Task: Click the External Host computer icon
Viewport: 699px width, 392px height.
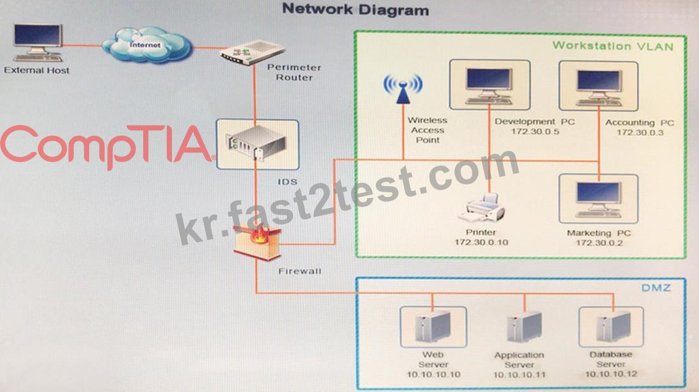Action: (37, 43)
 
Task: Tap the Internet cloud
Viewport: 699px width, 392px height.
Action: (147, 45)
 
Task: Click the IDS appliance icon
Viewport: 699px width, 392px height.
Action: (258, 143)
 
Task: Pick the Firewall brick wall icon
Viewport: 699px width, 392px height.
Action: (257, 242)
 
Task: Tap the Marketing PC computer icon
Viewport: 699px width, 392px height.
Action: (599, 199)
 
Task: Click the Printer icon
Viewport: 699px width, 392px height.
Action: (482, 207)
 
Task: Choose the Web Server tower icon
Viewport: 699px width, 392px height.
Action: (433, 327)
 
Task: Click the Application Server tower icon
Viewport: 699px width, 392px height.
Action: (524, 326)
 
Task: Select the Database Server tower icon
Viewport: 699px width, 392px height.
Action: (612, 326)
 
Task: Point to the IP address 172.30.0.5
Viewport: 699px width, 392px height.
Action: (535, 132)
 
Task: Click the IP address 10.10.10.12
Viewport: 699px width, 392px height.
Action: (611, 374)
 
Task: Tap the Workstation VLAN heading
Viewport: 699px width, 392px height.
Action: (613, 46)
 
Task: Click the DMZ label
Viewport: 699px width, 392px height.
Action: (656, 288)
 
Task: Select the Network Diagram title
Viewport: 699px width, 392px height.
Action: (356, 9)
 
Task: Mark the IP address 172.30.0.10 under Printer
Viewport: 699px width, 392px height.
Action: (481, 242)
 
